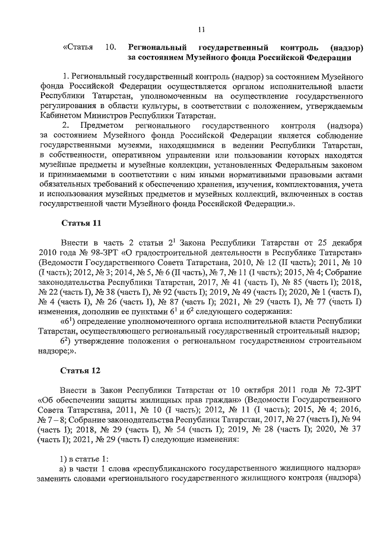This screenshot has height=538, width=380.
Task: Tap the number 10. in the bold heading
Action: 110,47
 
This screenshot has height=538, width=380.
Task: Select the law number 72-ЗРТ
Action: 339,389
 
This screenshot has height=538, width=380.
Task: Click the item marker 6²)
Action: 67,341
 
